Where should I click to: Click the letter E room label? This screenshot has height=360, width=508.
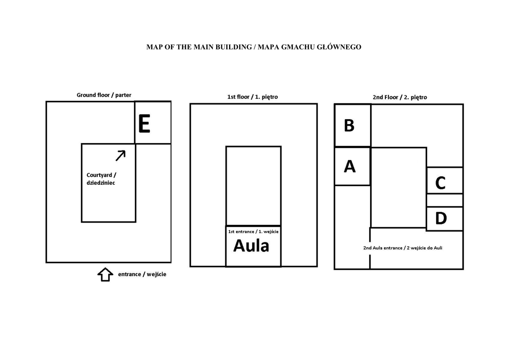[144, 124]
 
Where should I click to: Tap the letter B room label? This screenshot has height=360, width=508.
[349, 126]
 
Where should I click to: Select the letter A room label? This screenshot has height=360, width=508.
[350, 167]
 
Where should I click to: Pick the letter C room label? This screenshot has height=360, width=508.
[440, 183]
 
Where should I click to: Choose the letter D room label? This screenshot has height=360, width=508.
[441, 218]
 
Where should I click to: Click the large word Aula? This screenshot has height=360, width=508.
[251, 246]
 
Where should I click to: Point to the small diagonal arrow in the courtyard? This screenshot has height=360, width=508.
[121, 155]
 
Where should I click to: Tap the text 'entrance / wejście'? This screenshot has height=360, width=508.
[142, 274]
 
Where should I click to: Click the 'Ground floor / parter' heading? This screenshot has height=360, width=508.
[104, 95]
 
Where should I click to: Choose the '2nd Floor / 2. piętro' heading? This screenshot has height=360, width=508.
[400, 97]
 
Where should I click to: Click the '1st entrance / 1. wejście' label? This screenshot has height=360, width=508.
[253, 231]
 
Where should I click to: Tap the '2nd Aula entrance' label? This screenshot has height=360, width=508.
[402, 247]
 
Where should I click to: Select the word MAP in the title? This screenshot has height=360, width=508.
[154, 47]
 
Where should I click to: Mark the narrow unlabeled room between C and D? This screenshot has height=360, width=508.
[444, 200]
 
